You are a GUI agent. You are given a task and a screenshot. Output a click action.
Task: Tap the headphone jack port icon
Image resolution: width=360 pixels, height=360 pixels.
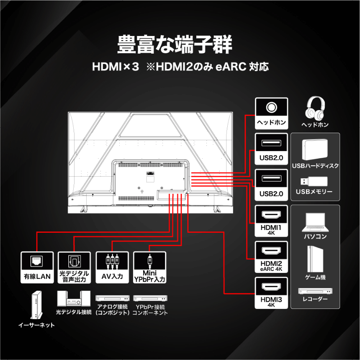271,107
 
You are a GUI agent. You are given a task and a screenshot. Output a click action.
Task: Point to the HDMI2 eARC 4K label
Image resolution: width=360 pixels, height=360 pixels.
271,266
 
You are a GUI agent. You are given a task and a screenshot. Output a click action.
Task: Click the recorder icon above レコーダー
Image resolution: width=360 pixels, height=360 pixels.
315,291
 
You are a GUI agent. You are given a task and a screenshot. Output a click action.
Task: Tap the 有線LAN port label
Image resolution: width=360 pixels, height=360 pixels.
37,276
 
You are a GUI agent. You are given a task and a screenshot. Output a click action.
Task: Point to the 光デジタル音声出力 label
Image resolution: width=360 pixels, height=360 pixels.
74,276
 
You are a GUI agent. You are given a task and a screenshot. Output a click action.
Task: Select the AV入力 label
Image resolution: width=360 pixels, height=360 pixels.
112,276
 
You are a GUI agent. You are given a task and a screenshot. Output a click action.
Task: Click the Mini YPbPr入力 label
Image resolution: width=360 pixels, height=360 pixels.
149,276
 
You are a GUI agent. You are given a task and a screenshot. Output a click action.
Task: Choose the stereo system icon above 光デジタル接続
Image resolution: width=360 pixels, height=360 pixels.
74,299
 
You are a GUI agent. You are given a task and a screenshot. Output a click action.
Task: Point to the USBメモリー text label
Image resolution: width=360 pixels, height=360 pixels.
314,192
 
